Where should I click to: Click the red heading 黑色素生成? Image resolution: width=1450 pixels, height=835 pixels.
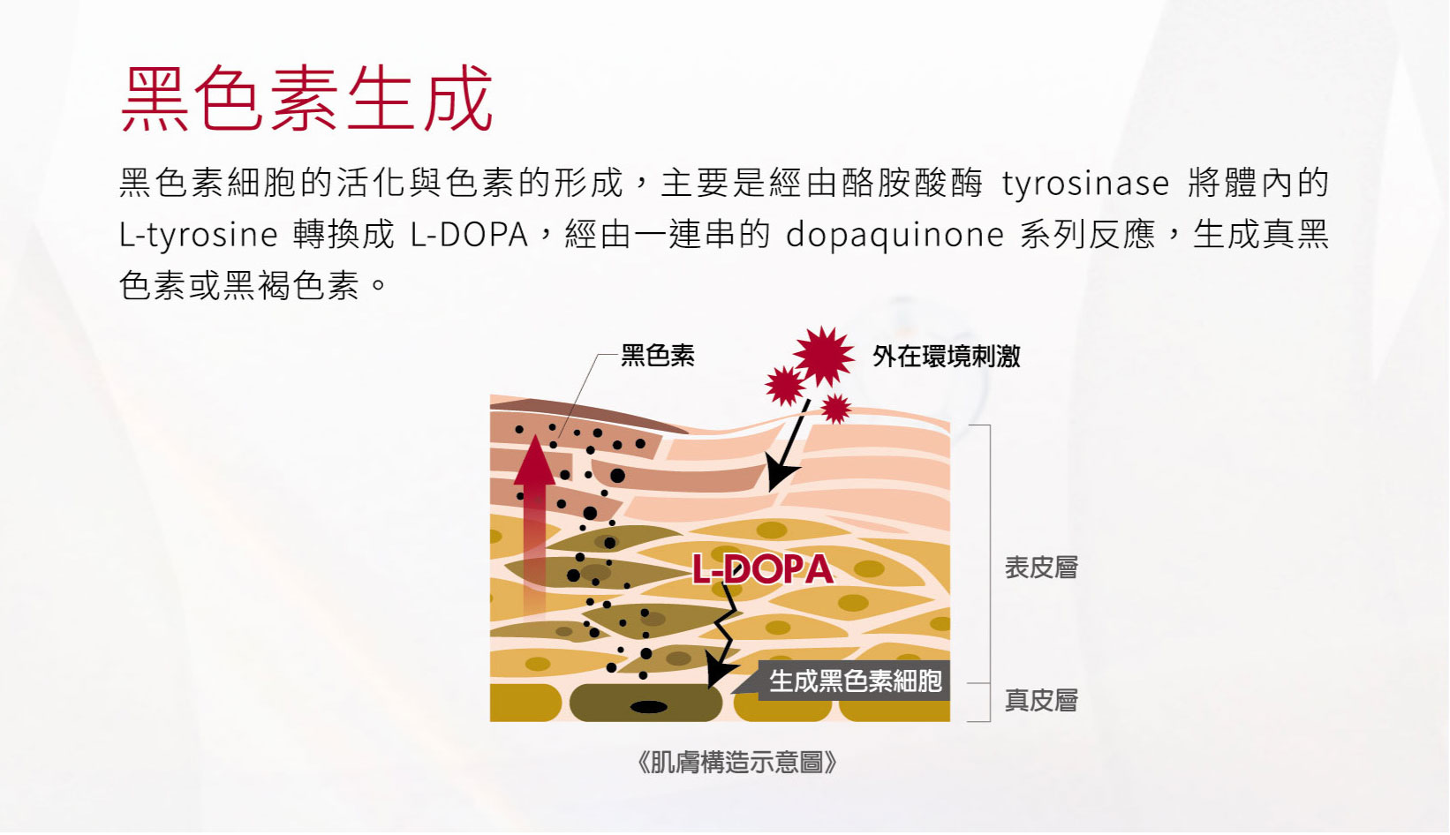coord(306,99)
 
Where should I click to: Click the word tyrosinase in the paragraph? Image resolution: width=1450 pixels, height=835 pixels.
coord(1085,183)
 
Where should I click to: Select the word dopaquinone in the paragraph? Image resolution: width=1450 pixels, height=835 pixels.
coord(895,235)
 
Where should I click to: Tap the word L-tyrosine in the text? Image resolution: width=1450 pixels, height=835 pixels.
coord(198,235)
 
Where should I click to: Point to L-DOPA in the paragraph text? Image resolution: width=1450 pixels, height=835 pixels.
coord(469,234)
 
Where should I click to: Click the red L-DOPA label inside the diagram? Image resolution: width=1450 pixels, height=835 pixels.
coord(763,569)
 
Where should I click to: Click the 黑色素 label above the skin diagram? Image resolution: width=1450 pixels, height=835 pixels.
coord(658,355)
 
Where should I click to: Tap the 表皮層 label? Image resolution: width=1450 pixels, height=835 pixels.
coord(1041,568)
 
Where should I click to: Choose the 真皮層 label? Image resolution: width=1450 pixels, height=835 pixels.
coord(1041,701)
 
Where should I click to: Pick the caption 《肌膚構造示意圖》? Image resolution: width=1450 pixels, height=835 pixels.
coord(737,763)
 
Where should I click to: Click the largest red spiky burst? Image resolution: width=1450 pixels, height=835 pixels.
coord(823,357)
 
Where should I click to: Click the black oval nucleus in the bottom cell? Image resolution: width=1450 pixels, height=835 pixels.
coord(649,707)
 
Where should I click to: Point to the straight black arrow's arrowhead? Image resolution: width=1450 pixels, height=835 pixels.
coord(779,473)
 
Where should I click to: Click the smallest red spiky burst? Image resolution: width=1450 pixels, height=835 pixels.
coord(835,409)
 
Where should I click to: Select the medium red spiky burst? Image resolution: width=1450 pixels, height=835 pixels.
coord(785,386)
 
